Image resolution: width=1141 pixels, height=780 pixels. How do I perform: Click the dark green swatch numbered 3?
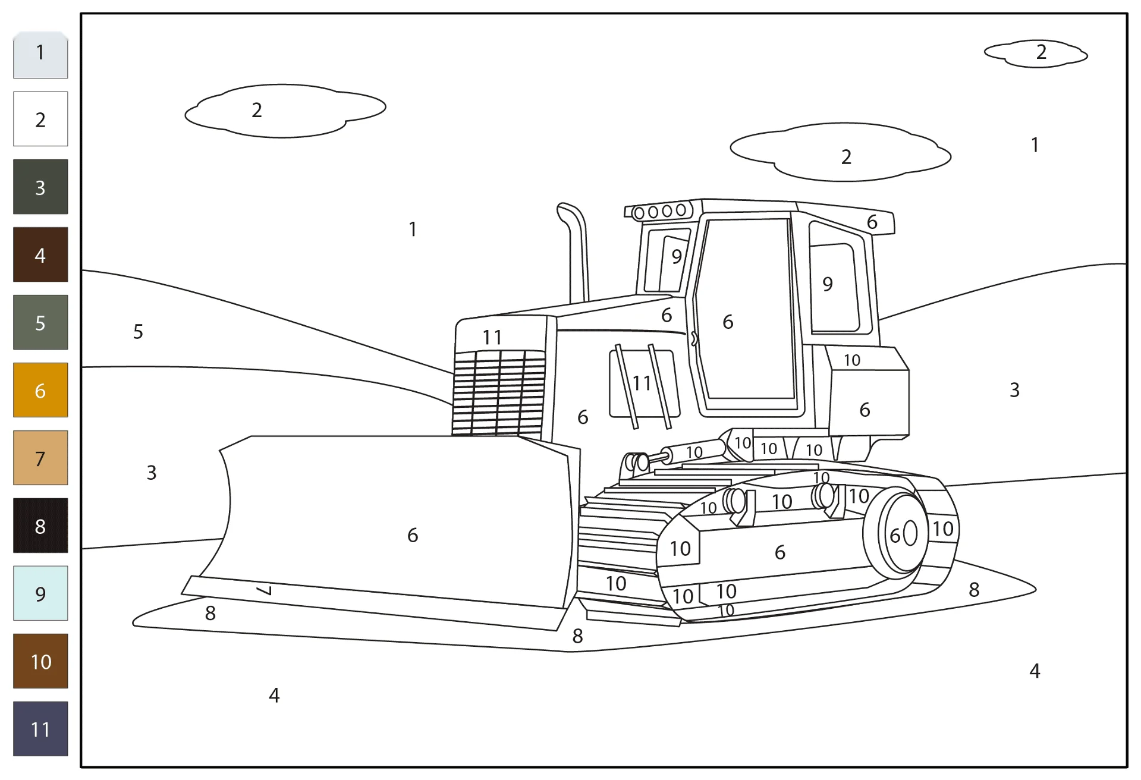(40, 187)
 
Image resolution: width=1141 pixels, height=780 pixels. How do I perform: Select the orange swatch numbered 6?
(40, 390)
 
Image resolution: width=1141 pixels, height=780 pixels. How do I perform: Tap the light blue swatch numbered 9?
(40, 593)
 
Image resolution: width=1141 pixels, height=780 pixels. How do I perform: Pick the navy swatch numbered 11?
(40, 729)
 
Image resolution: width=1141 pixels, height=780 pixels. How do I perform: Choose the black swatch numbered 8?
(40, 526)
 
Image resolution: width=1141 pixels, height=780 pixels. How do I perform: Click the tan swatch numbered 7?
(40, 458)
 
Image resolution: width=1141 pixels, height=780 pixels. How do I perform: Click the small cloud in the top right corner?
(1036, 54)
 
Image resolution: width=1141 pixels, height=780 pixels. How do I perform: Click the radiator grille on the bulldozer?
(498, 392)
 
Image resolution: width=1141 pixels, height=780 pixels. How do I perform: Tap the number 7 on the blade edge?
(265, 590)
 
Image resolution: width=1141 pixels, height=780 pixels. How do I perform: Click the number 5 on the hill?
(138, 331)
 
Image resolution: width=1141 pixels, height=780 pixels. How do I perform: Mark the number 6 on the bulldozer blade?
(413, 535)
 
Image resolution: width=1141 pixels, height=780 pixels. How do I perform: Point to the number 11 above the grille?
(492, 337)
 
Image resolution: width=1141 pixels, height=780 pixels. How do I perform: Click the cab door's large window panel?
(746, 309)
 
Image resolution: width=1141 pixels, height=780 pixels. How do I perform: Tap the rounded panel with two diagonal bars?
(645, 383)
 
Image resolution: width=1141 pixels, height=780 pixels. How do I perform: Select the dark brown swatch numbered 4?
(40, 254)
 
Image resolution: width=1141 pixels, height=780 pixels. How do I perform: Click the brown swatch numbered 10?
(40, 661)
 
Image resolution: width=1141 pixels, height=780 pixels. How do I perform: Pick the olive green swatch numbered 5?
(40, 322)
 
